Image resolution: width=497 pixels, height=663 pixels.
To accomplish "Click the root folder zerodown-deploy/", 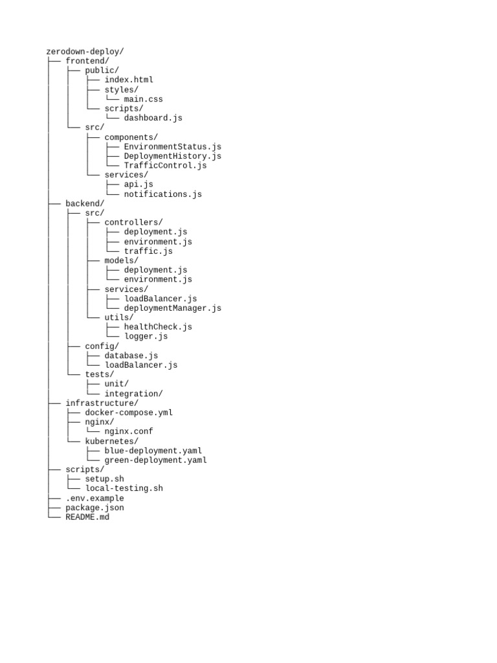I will point(85,51).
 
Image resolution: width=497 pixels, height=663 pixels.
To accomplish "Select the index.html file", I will point(129,80).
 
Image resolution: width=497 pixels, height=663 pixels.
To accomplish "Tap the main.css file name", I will point(143,99).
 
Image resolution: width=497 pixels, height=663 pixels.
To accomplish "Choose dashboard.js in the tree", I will point(153,118).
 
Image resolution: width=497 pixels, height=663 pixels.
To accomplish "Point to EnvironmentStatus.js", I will point(172,146).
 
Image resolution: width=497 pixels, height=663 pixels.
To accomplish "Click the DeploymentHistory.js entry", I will point(172,156).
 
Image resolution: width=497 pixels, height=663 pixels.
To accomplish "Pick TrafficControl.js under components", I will point(165,165).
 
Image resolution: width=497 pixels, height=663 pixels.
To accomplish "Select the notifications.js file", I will point(162,194).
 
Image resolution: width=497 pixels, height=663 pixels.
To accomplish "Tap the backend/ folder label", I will point(85,203).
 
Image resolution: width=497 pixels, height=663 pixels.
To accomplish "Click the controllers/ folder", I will point(133,222).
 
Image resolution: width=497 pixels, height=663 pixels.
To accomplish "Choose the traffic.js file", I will point(148,251).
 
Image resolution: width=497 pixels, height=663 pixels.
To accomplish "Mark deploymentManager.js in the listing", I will point(172,308).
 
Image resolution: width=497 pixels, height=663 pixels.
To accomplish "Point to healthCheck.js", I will point(158,327).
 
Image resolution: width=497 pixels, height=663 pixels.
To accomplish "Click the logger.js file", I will point(146,336).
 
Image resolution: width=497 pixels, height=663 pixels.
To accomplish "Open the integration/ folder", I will point(133,394).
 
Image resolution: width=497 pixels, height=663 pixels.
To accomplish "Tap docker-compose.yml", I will point(129,412).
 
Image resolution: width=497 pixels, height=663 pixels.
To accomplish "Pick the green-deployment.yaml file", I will point(155,460).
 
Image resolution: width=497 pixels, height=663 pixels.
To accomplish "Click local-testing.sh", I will point(124,488).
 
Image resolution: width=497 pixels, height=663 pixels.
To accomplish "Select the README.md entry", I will point(87,517).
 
